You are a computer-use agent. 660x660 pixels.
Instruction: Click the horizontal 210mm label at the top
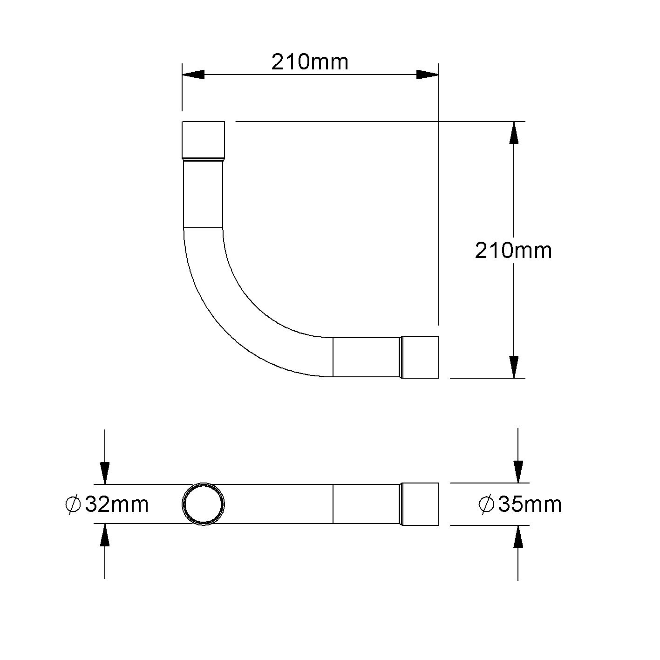click(310, 62)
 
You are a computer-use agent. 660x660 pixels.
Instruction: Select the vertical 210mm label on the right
click(513, 251)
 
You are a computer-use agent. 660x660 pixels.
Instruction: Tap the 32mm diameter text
click(117, 504)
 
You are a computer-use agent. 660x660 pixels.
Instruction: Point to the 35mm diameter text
click(530, 504)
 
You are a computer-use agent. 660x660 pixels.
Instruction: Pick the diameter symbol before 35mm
click(486, 504)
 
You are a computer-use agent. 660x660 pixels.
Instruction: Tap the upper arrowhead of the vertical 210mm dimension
click(514, 133)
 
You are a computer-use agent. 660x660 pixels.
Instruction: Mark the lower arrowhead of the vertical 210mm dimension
click(514, 367)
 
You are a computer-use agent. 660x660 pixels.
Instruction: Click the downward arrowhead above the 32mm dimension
click(105, 473)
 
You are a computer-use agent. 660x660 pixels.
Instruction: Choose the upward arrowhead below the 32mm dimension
click(105, 535)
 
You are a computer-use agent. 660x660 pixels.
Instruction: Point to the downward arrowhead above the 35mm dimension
click(518, 471)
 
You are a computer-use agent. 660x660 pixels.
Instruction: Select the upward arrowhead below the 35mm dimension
click(518, 537)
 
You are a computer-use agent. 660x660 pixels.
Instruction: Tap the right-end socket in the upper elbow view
click(420, 357)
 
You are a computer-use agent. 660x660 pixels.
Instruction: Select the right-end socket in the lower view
click(420, 504)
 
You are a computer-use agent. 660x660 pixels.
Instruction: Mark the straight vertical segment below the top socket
click(203, 195)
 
